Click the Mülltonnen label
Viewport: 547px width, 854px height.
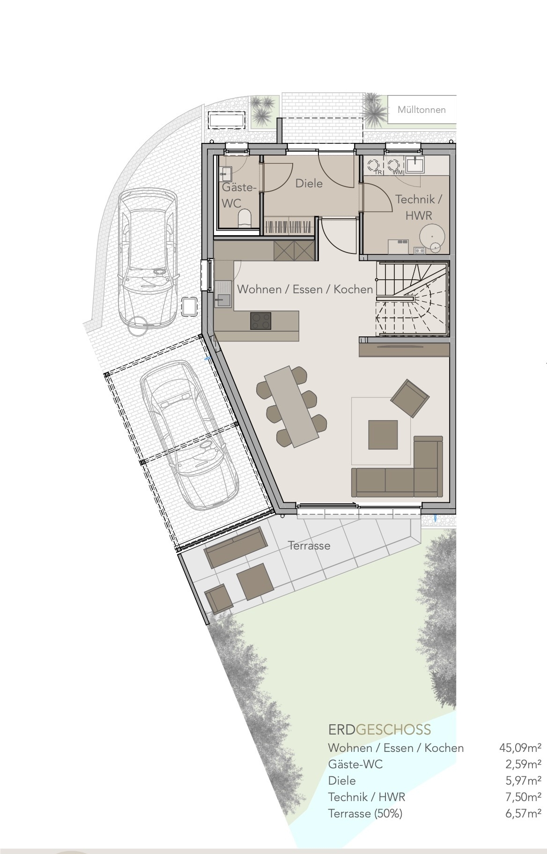[421, 110]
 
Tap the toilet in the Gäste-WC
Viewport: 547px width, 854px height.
[245, 218]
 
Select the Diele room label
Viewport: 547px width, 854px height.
[309, 183]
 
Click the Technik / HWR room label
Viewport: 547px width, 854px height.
[418, 207]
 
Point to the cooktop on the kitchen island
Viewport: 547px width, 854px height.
[261, 321]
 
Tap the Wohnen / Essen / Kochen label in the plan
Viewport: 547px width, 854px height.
[305, 289]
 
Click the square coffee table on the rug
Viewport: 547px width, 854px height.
[383, 434]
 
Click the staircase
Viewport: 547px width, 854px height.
[412, 298]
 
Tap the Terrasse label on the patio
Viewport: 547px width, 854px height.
[309, 545]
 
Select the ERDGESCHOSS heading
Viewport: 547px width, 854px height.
[379, 729]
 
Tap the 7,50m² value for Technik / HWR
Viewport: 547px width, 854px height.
[523, 796]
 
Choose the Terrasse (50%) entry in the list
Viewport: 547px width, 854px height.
[365, 813]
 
